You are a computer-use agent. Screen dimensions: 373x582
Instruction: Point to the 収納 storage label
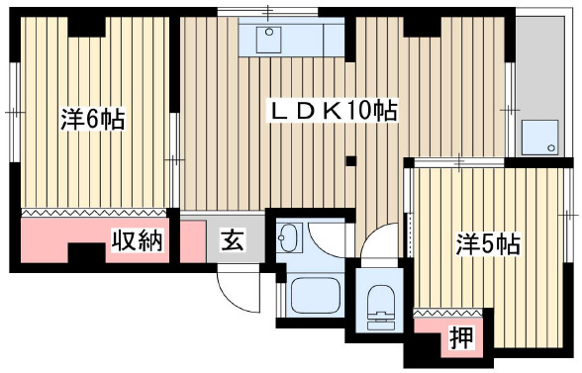(x=136, y=239)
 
